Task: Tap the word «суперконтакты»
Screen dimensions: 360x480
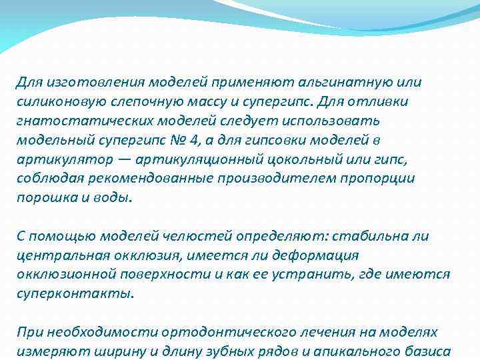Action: (74, 294)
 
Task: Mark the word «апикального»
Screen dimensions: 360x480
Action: (357, 351)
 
